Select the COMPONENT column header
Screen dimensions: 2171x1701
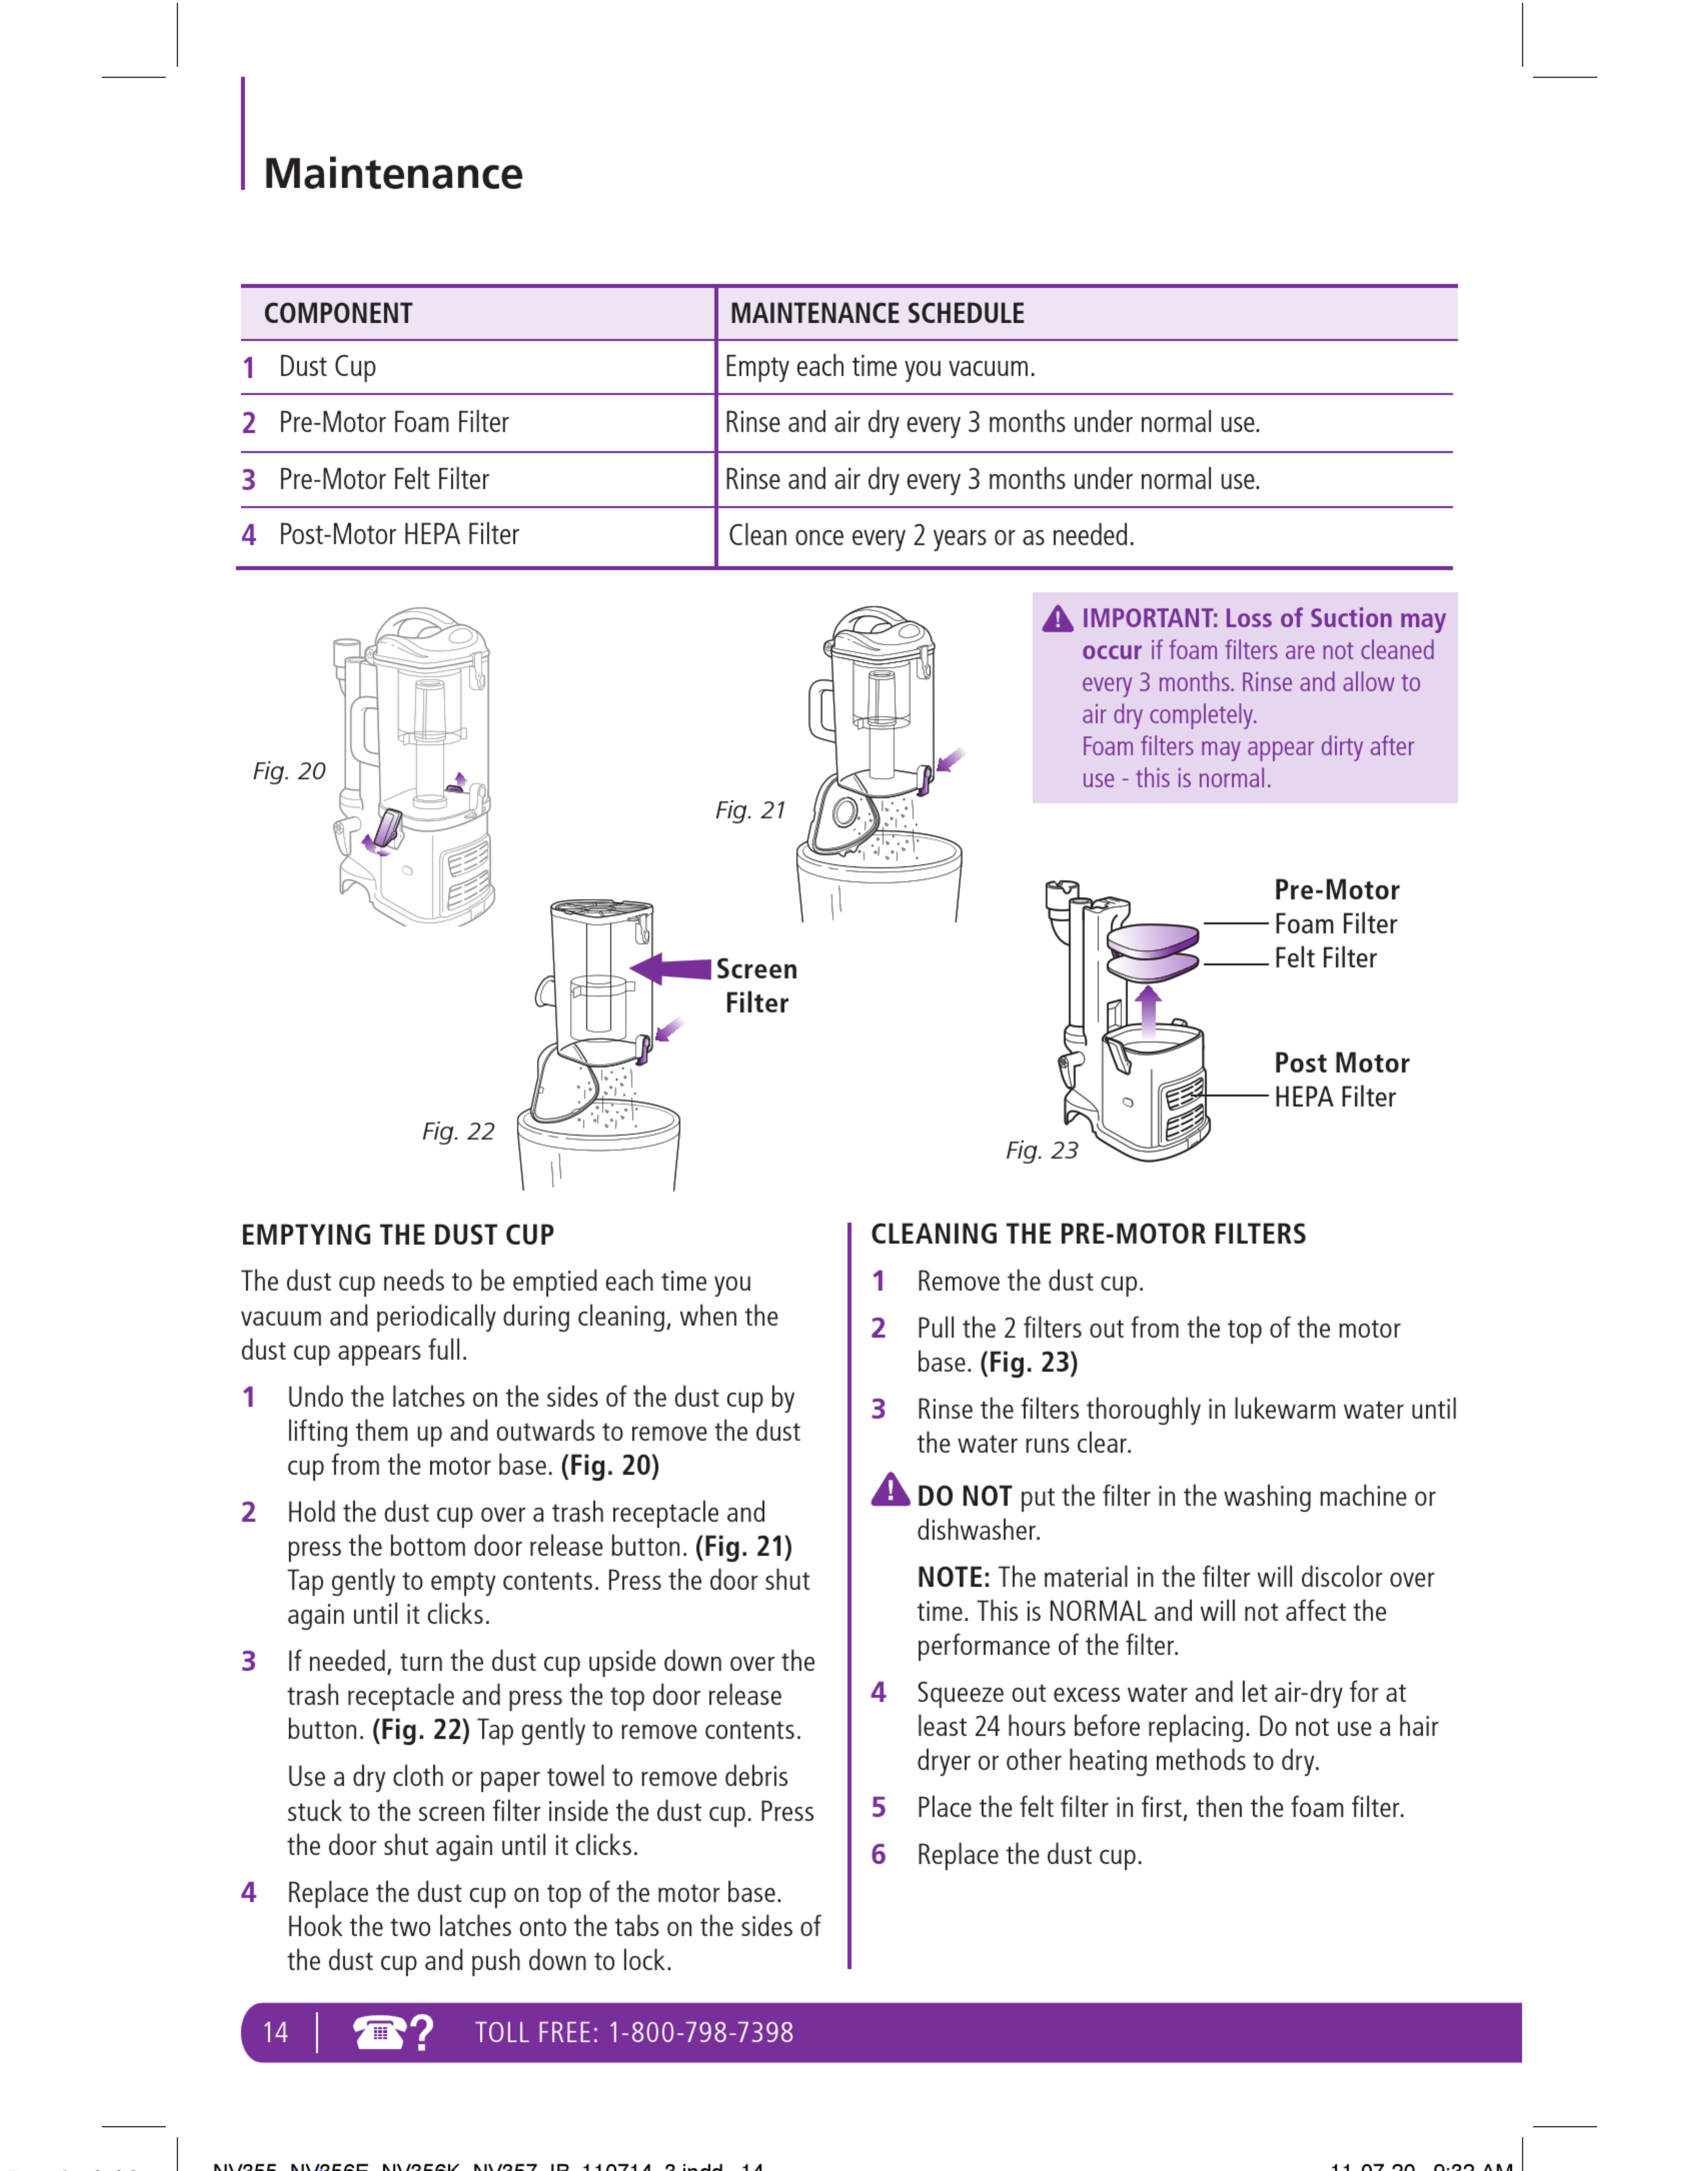[338, 314]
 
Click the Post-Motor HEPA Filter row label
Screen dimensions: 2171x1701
[398, 535]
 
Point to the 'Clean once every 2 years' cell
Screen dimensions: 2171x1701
[931, 536]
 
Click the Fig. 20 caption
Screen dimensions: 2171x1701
[289, 771]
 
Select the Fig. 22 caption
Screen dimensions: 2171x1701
[458, 1132]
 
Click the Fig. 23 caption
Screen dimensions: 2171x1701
[1042, 1150]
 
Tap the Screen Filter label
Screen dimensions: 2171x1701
[757, 986]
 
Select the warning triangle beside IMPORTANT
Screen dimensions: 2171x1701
[1058, 619]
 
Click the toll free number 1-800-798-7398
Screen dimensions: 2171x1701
[701, 2032]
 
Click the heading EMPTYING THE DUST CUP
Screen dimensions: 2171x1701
[397, 1235]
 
